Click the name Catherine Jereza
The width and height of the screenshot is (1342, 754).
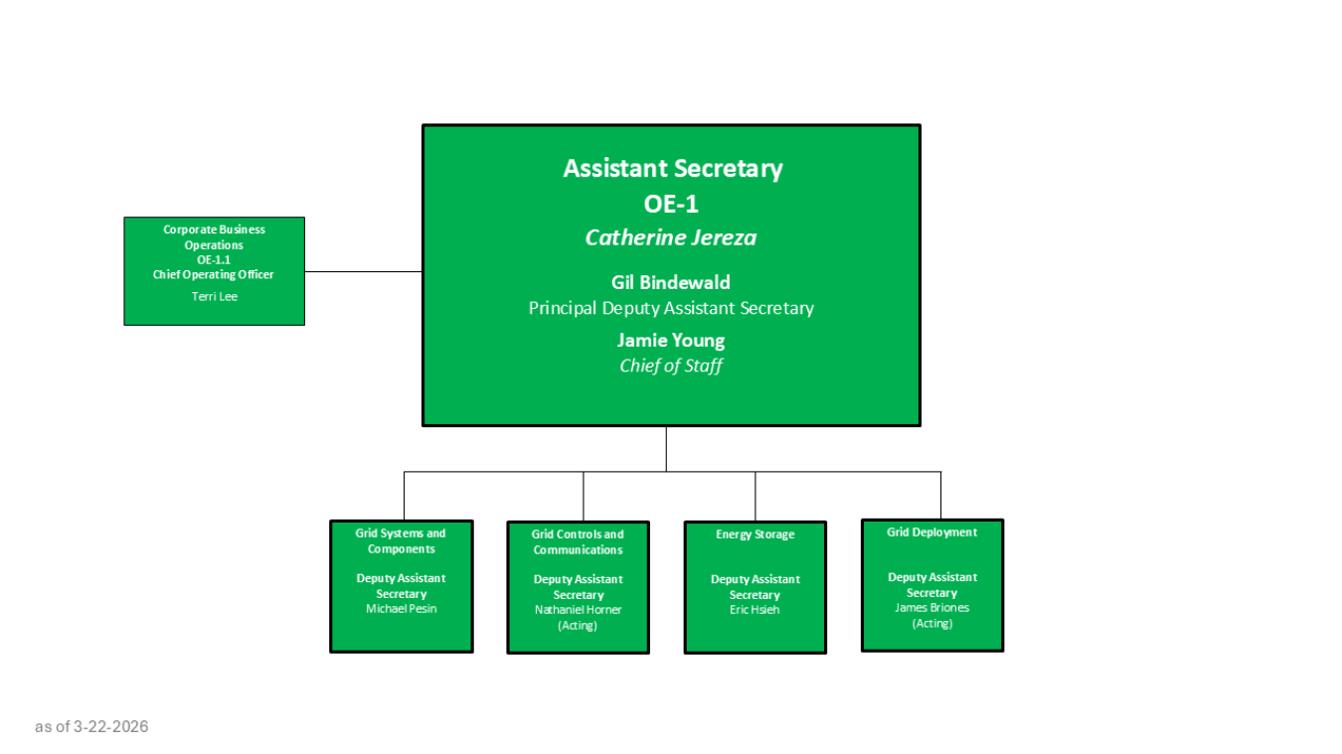click(x=671, y=237)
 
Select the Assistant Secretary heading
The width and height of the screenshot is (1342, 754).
click(x=672, y=169)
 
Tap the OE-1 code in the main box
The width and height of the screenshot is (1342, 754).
click(x=672, y=204)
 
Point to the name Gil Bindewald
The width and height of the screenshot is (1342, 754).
click(x=671, y=282)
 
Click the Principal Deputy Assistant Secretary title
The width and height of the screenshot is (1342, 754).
click(x=671, y=308)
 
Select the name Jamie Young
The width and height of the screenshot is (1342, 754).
click(x=671, y=340)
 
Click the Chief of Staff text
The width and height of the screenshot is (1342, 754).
click(x=671, y=366)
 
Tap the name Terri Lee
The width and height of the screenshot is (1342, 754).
click(x=215, y=296)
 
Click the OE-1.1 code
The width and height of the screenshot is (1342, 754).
click(x=214, y=259)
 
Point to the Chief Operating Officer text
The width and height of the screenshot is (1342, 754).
click(x=214, y=274)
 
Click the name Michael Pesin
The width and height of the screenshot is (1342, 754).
click(x=401, y=608)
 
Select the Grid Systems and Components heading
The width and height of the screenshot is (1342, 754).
click(x=401, y=541)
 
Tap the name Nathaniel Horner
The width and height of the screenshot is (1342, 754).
click(x=578, y=609)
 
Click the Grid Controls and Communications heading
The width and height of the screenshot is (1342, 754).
click(x=578, y=542)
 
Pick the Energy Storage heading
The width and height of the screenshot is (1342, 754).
click(x=755, y=534)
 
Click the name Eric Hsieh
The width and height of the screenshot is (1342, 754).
click(x=755, y=609)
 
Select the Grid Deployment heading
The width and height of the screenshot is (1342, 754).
click(x=931, y=532)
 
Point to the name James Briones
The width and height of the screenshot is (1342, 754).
click(x=931, y=607)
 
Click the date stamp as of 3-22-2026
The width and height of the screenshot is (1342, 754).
click(x=91, y=726)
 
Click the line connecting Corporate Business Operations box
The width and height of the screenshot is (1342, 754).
click(x=363, y=271)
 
